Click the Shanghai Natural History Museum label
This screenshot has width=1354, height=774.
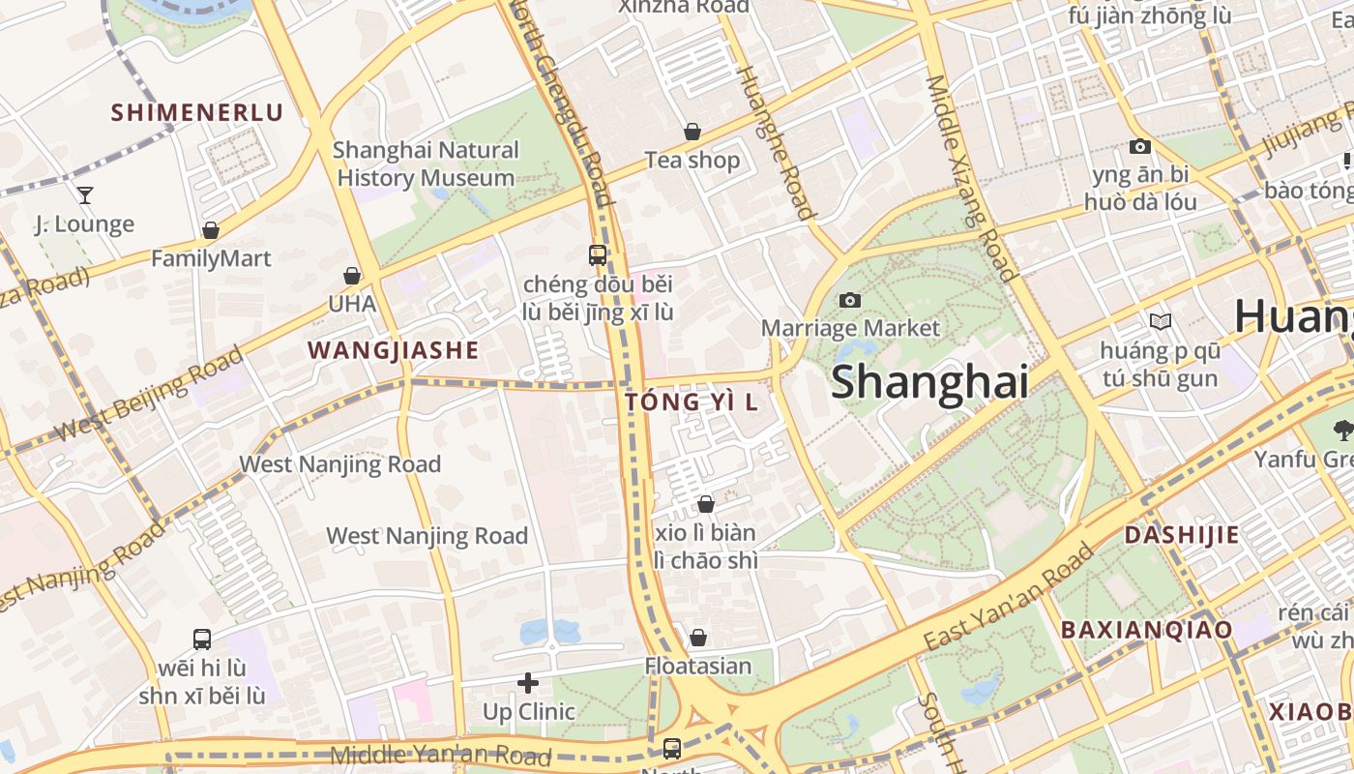click(426, 164)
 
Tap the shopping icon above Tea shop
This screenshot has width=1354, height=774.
click(692, 131)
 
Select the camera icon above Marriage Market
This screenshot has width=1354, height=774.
click(850, 300)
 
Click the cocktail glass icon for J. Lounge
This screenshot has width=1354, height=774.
click(85, 195)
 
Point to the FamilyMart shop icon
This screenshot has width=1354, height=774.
click(210, 230)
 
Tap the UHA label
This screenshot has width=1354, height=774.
click(352, 304)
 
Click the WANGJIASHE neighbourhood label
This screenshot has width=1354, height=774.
click(393, 350)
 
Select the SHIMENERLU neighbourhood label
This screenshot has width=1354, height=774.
click(197, 112)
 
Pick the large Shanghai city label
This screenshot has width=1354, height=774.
click(929, 381)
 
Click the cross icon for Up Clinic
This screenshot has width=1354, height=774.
click(528, 683)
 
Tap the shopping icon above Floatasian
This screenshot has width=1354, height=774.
click(697, 638)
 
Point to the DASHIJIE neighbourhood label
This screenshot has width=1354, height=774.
click(1181, 535)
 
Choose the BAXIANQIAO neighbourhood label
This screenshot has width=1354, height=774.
click(1146, 630)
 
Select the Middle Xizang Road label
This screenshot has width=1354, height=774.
click(970, 178)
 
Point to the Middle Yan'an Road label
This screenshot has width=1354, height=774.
click(440, 756)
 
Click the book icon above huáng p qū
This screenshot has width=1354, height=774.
click(1160, 321)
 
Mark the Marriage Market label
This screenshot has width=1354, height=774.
click(850, 328)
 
